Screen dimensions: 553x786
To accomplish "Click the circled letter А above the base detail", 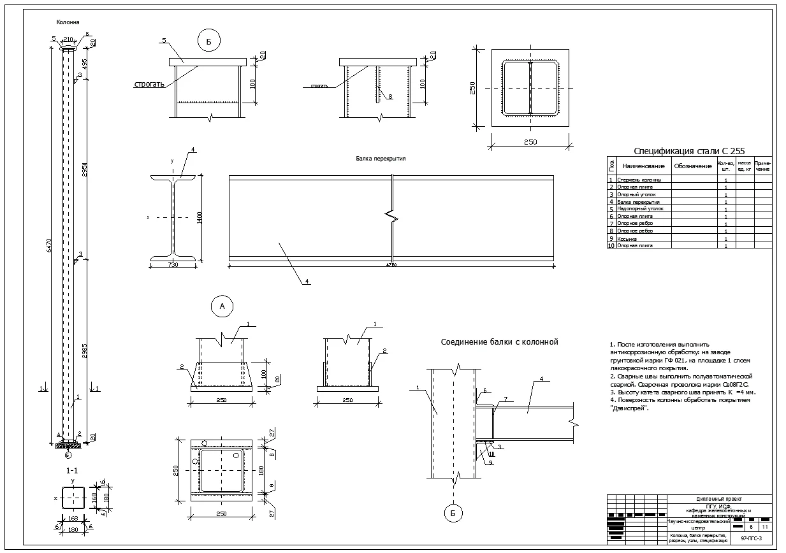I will pyautogui.click(x=222, y=306).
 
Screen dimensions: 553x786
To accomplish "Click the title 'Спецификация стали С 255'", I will pyautogui.click(x=689, y=151).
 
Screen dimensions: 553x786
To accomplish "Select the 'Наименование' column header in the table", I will pyautogui.click(x=643, y=166).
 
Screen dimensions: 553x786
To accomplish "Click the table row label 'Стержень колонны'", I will pyautogui.click(x=639, y=180).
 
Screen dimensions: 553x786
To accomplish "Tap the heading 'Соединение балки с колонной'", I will pyautogui.click(x=499, y=342).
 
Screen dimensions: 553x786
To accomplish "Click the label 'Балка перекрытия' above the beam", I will pyautogui.click(x=381, y=159).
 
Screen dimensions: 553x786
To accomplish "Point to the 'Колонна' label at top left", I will pyautogui.click(x=68, y=22).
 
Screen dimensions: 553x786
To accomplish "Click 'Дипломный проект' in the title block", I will pyautogui.click(x=718, y=499).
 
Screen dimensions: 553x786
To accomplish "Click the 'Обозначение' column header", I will pyautogui.click(x=692, y=166).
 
